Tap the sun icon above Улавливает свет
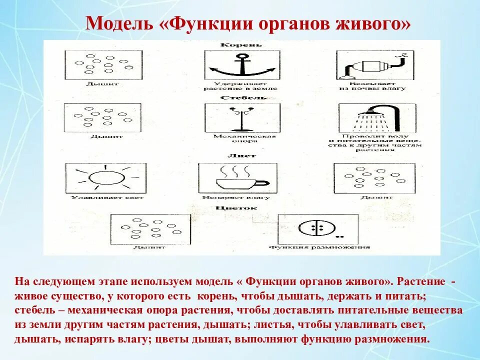coord(104,177)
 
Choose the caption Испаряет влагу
coord(236,197)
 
